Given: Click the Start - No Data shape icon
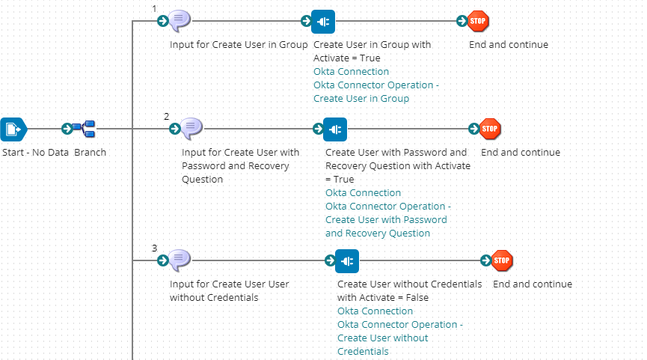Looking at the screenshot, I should pyautogui.click(x=13, y=129).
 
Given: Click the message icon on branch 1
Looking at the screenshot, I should pyautogui.click(x=180, y=21).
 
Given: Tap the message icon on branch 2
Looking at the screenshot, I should pyautogui.click(x=191, y=129).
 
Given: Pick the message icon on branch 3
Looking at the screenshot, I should pyautogui.click(x=180, y=260).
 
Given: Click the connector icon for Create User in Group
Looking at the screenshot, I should pyautogui.click(x=323, y=21).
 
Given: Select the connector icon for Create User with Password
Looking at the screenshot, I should pyautogui.click(x=335, y=129).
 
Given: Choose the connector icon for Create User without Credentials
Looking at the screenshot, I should pyautogui.click(x=347, y=260).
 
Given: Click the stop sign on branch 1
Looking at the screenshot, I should pyautogui.click(x=478, y=21).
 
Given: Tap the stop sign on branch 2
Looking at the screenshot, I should pyautogui.click(x=490, y=129).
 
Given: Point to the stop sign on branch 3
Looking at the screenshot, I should pyautogui.click(x=502, y=260).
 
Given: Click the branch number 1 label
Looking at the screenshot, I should pyautogui.click(x=154, y=8).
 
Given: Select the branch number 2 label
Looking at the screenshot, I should pyautogui.click(x=166, y=116).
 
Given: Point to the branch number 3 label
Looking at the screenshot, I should pyautogui.click(x=154, y=248).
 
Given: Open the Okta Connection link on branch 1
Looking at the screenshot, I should pyautogui.click(x=351, y=72).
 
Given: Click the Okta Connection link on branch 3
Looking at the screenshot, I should pyautogui.click(x=375, y=311).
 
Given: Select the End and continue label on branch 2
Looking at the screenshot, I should pyautogui.click(x=520, y=153).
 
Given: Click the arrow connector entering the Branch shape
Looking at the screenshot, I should pyautogui.click(x=67, y=129).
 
